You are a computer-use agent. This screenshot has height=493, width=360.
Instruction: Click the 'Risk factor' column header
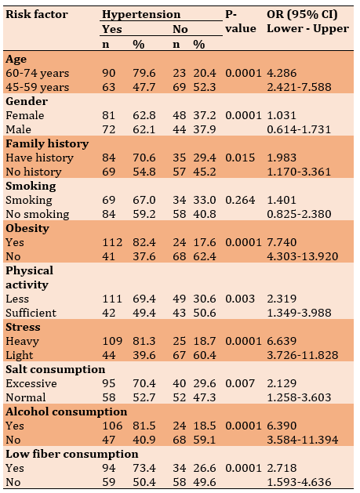point(37,14)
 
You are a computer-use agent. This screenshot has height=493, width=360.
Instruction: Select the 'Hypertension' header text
point(141,14)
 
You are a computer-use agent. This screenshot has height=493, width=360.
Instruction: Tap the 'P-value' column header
point(241,21)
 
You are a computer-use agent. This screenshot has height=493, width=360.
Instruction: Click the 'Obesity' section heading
point(27,228)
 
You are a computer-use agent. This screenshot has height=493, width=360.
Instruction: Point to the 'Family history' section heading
point(47,143)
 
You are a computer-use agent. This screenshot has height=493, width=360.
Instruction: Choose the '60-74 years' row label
point(37,73)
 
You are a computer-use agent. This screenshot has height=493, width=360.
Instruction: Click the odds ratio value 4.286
point(282,73)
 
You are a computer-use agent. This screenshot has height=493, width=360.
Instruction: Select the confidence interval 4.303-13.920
point(303,256)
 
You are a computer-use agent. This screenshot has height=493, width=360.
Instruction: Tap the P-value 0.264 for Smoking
point(240,200)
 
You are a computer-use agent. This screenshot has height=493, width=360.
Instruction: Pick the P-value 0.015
point(240,158)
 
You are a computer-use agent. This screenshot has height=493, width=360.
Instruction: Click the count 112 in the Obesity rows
point(112,242)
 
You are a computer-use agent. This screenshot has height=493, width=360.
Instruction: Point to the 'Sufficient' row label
point(31,313)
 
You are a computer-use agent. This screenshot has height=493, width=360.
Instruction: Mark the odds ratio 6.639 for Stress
point(282,341)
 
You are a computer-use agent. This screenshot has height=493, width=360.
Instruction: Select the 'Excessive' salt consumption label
point(31,383)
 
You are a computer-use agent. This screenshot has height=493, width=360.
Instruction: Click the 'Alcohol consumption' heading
point(67,411)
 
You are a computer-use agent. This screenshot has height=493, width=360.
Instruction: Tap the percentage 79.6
point(144,73)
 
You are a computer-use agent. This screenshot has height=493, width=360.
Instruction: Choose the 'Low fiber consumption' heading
point(71,454)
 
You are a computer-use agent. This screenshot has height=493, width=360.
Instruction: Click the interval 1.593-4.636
point(299,482)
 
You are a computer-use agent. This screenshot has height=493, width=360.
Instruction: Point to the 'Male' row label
point(18,129)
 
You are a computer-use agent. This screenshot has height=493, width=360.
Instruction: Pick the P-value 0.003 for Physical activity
point(240,299)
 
